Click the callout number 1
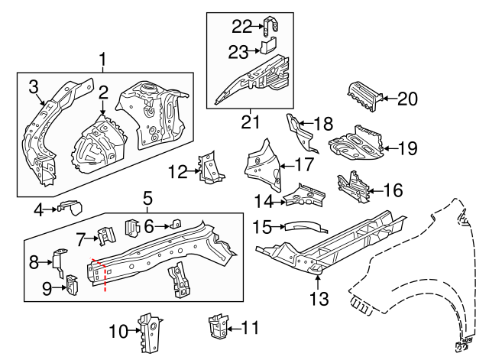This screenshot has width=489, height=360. coord(104,59)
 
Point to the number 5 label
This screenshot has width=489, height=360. coord(147,201)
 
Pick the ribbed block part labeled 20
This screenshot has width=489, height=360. coord(364,96)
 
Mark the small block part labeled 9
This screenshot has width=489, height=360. coord(73,284)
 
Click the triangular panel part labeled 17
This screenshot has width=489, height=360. coord(259,165)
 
